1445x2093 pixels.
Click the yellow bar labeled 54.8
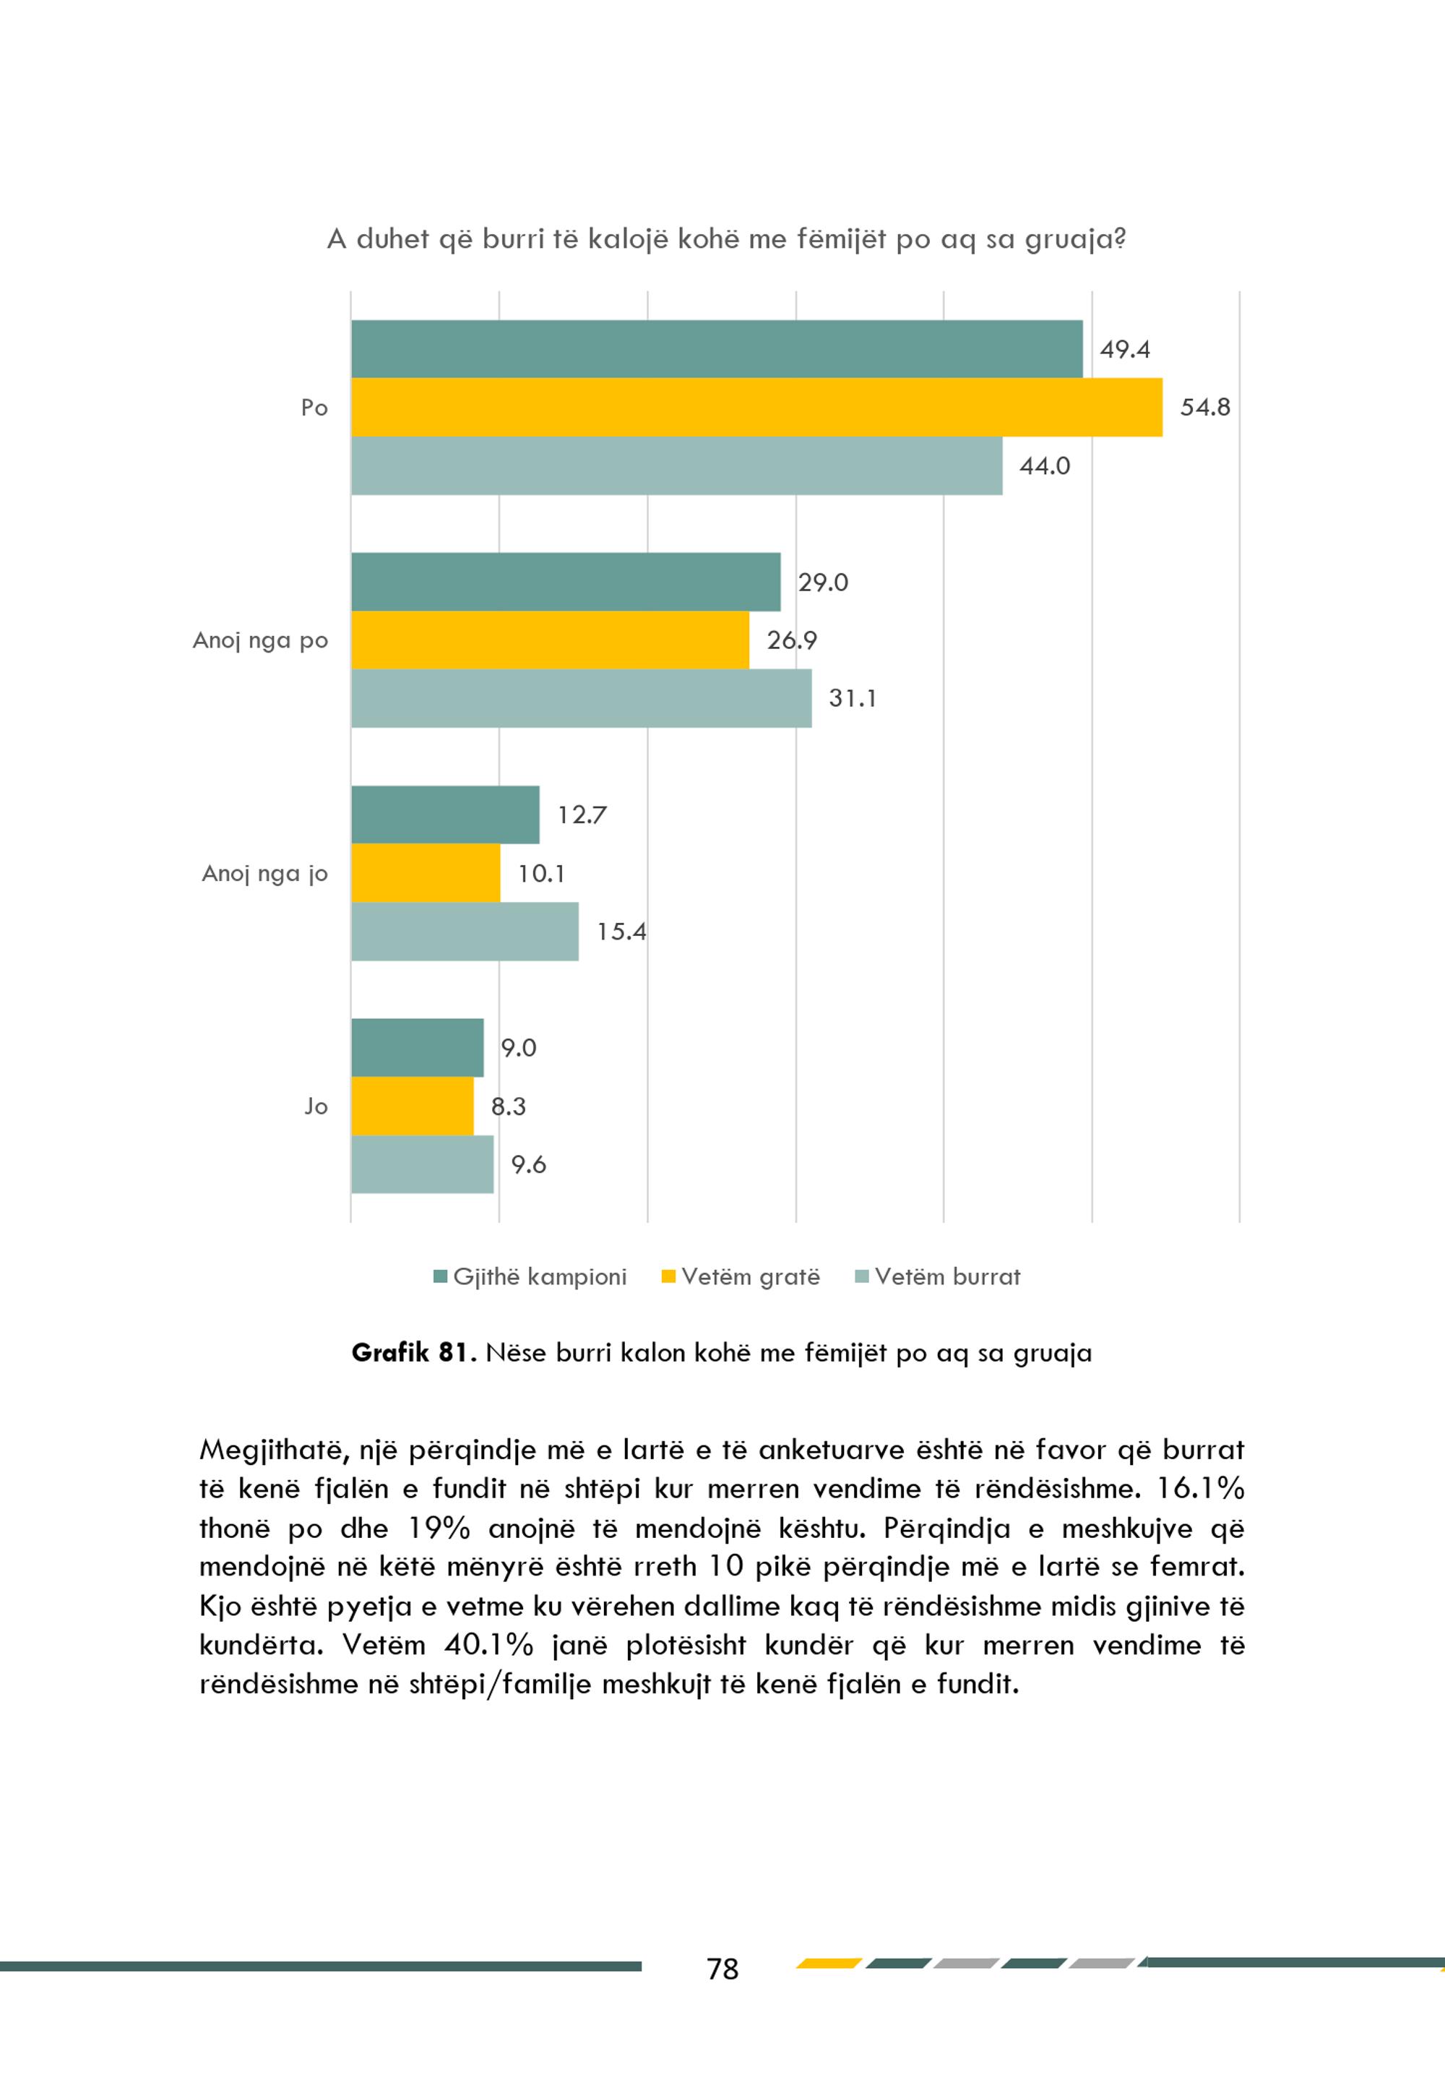[x=757, y=408]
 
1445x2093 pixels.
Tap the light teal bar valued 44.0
[x=677, y=465]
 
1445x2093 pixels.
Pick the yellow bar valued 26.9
[x=551, y=640]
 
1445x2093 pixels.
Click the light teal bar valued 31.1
[x=582, y=698]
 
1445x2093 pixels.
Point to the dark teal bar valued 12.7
[x=446, y=815]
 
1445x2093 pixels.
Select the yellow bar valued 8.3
[x=413, y=1106]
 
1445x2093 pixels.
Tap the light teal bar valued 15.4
[x=465, y=931]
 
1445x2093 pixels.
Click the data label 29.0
[x=823, y=583]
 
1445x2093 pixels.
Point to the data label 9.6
[x=529, y=1165]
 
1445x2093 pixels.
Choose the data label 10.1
[x=541, y=874]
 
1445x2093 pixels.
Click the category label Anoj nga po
[x=261, y=641]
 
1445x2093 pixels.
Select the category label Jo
[x=316, y=1106]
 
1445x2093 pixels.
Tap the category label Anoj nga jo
[x=265, y=874]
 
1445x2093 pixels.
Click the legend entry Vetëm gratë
[x=741, y=1277]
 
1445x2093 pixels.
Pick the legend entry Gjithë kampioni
[x=530, y=1277]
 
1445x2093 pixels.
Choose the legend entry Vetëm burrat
[x=938, y=1277]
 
